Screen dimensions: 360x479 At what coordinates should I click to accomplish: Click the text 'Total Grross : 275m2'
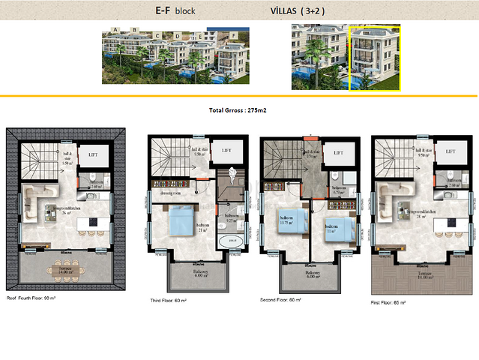238,110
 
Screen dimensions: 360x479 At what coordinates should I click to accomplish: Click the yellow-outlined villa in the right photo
374,58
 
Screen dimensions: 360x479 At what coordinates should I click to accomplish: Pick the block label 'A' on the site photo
115,29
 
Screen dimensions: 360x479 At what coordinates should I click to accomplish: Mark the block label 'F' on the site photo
234,35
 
